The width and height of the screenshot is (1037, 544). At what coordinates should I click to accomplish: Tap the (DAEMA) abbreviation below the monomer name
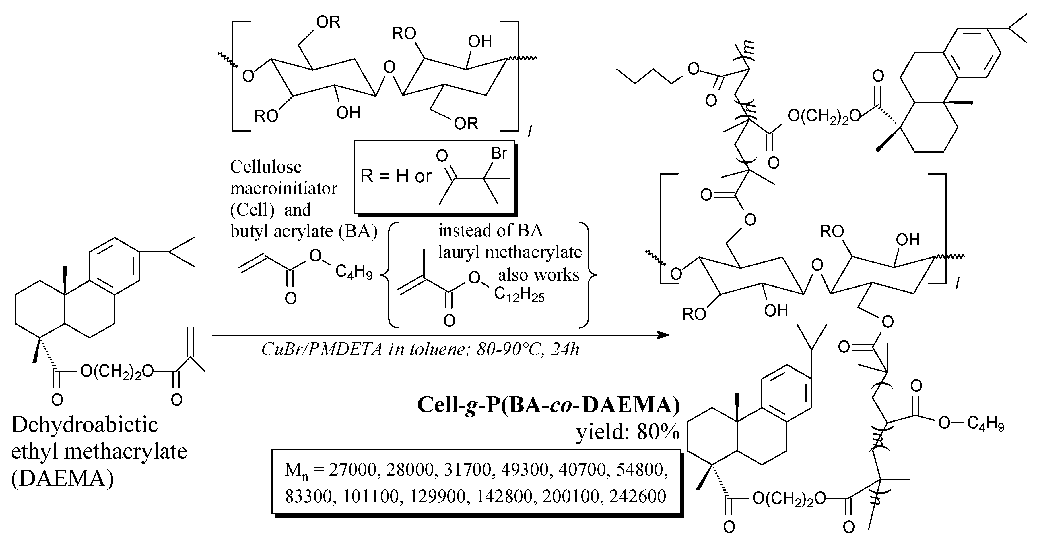click(x=62, y=479)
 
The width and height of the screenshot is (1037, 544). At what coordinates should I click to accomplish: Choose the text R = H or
click(x=395, y=176)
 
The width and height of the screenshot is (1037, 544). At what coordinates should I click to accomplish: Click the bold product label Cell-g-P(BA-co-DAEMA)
click(x=548, y=405)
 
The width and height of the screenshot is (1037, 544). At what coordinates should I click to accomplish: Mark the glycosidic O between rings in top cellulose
click(x=389, y=67)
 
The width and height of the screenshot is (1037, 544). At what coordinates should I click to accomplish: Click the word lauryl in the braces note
click(x=459, y=252)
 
